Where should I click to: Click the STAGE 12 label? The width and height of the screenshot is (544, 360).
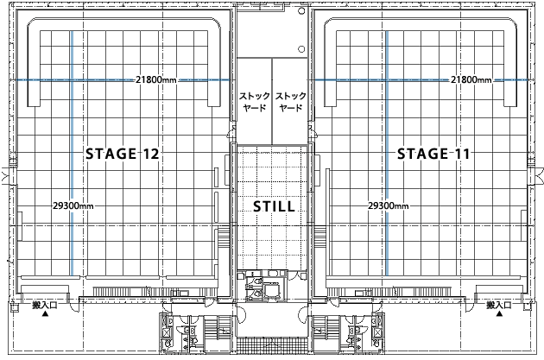122,154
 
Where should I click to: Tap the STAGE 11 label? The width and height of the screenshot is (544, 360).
433,154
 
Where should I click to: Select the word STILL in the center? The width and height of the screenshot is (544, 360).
274,206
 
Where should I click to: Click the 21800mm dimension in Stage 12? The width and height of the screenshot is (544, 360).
156,79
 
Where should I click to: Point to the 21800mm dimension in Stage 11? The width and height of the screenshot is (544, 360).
471,79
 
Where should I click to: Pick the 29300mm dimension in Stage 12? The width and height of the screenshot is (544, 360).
73,205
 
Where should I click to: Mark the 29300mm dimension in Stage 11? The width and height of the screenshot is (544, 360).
389,205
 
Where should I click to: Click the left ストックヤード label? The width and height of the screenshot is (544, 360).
255,101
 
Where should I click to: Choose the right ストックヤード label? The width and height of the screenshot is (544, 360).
291,101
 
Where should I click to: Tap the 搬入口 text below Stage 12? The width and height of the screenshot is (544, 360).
45,306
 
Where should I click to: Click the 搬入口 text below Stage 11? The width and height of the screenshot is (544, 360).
499,306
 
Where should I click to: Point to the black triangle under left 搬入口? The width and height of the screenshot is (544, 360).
45,314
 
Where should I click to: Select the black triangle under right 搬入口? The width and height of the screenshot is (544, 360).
499,314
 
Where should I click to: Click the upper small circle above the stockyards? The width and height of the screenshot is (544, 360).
301,10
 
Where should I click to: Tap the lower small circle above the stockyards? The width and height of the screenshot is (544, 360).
301,49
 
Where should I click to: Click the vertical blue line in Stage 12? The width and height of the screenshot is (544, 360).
72,154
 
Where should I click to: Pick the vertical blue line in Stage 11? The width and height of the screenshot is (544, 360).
387,154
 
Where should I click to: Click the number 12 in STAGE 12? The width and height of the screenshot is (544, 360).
150,154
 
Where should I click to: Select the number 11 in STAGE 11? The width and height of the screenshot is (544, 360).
462,154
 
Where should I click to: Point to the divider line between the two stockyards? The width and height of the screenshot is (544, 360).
272,101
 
